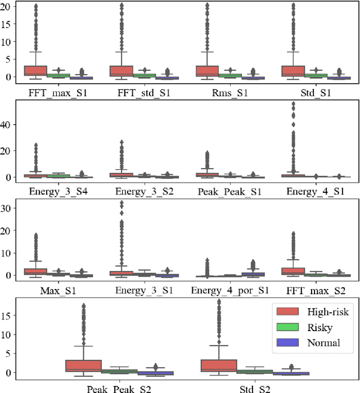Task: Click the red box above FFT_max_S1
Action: click(x=35, y=70)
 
